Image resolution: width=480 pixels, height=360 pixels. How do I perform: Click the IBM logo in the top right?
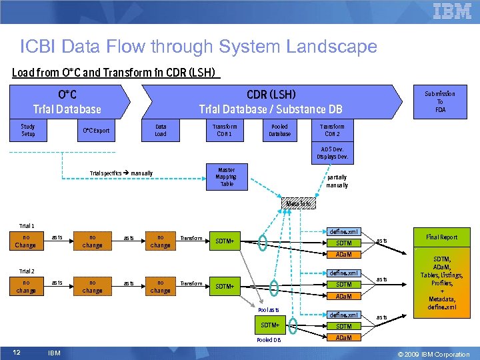pos(452,11)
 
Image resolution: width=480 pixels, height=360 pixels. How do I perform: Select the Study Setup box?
pos(28,130)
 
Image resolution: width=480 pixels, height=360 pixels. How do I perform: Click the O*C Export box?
pos(95,131)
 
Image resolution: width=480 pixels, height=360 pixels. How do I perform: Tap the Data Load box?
pos(161,130)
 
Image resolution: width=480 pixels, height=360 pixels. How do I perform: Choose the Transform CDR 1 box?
pos(225,130)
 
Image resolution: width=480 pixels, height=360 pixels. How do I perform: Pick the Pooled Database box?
pos(279,130)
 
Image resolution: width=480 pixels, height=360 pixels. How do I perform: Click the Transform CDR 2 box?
pos(332,130)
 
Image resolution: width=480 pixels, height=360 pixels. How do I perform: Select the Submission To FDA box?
pos(440,101)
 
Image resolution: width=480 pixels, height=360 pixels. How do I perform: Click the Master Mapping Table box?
pos(225,177)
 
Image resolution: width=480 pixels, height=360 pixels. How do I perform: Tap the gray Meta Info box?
pos(297,203)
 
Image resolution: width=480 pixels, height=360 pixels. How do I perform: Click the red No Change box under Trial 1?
pos(26,241)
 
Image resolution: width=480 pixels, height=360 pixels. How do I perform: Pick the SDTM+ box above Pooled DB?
pos(270,325)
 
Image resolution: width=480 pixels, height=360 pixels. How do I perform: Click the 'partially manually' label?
pos(337,181)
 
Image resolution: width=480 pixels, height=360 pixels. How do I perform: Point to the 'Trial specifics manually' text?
pos(121,173)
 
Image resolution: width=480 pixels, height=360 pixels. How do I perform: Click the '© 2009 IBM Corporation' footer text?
pos(433,354)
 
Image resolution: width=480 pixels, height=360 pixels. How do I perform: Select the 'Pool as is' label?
pos(269,310)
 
